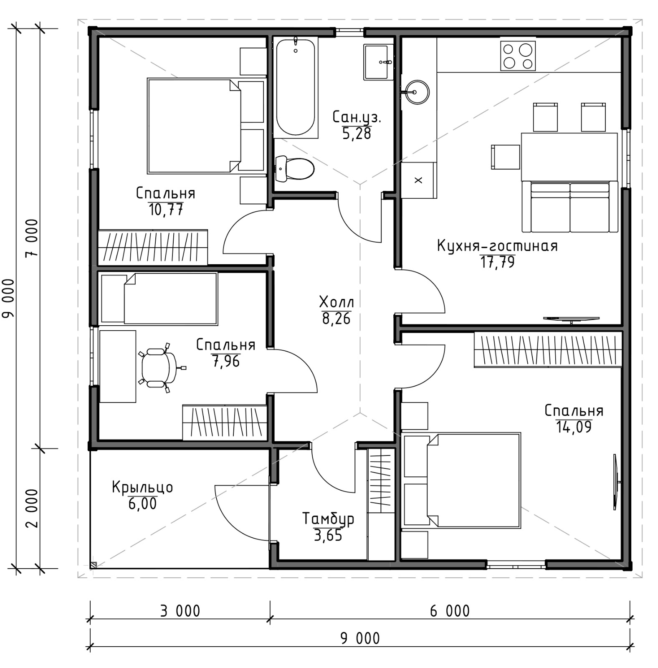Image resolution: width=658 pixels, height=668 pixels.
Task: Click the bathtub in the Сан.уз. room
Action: point(295,87)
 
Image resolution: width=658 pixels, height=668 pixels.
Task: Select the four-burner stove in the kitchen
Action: point(518,56)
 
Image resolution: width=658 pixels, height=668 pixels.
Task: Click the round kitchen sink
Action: point(417,92)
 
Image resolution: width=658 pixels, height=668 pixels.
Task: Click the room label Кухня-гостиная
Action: point(497,246)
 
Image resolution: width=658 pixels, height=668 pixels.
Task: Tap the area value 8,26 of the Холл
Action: point(336,319)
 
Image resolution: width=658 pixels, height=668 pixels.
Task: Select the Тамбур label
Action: point(328,519)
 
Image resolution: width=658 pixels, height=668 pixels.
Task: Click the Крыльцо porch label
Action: point(142,488)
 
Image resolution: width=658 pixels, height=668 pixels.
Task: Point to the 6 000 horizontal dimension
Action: point(450,611)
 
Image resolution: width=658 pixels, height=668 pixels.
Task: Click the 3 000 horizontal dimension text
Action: point(180,611)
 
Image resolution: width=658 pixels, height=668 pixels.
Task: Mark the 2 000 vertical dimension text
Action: point(32,508)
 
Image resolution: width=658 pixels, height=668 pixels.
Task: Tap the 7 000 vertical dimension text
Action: point(32,239)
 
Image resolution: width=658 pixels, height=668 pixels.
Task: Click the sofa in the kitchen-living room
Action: point(570,206)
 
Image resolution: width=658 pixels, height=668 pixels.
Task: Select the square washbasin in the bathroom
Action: point(378,62)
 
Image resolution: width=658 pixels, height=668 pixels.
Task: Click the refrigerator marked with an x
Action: point(418,180)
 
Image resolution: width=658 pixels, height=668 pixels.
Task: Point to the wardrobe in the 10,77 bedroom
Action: point(153,247)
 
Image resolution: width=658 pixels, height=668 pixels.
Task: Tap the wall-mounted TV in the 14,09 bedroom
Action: point(616,482)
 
